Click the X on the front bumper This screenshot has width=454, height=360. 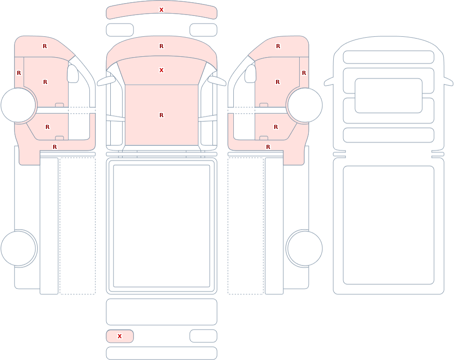[161, 10]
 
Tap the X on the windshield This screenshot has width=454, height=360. [161, 70]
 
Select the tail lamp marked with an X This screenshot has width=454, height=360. [120, 336]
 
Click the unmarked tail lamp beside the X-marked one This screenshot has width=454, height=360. [203, 336]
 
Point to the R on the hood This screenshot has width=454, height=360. [161, 46]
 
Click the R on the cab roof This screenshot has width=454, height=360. [161, 115]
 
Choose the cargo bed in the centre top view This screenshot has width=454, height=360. [162, 226]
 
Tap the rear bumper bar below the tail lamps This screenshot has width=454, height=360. [162, 353]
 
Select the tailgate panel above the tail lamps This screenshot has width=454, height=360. [162, 312]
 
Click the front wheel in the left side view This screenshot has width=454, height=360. [19, 105]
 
